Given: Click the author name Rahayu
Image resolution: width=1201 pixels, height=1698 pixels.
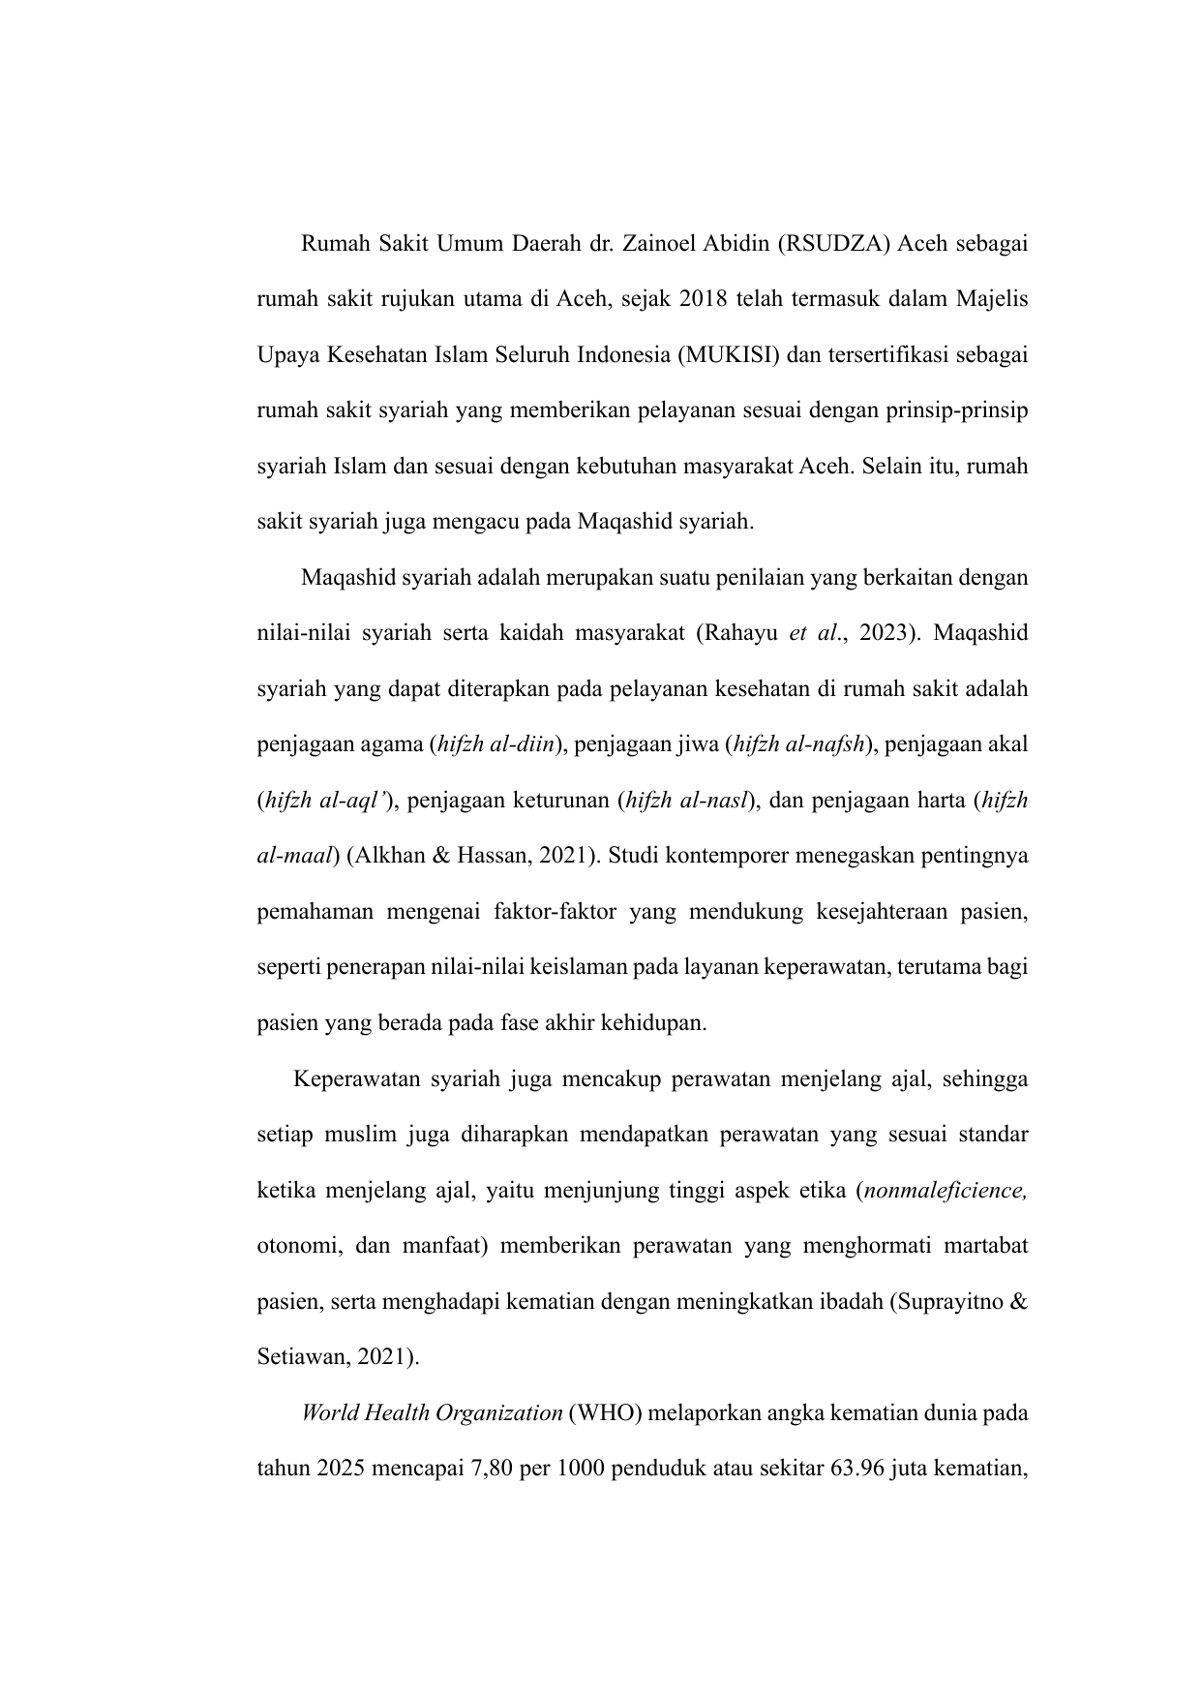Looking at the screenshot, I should pyautogui.click(x=743, y=634).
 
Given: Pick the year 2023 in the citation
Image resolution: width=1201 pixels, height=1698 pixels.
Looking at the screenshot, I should pyautogui.click(x=884, y=634).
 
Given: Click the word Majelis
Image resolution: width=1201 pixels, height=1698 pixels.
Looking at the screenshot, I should pyautogui.click(x=992, y=299).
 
